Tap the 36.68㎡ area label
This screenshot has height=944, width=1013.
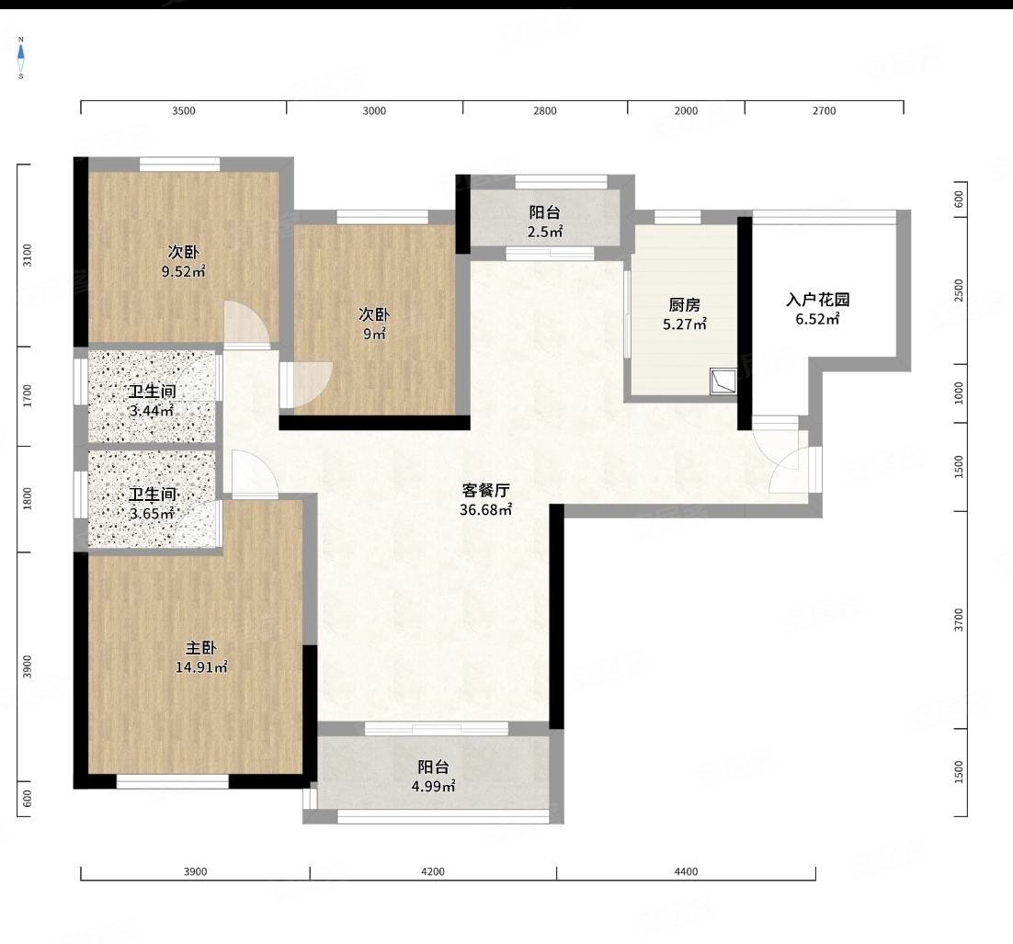[486, 510]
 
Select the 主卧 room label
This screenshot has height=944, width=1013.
[201, 648]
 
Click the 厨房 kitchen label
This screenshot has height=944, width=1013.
[684, 304]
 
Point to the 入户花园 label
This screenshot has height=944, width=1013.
[817, 299]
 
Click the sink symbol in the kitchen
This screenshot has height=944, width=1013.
[723, 381]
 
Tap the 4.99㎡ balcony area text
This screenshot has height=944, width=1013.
[434, 786]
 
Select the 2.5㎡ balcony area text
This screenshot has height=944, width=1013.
[544, 232]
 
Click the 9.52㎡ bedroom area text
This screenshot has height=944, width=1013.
[184, 271]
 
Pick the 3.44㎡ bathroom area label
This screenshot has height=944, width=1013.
[152, 410]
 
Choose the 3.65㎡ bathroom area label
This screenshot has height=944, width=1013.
[152, 514]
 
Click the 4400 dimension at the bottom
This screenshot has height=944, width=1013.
[686, 871]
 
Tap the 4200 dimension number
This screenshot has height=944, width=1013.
[433, 871]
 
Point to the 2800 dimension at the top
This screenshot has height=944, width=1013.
[544, 110]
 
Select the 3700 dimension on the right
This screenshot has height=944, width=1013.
[959, 620]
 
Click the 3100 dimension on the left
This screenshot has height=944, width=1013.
[28, 256]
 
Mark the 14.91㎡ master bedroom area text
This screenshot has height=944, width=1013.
[201, 667]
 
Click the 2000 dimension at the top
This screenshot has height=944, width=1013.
[686, 110]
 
